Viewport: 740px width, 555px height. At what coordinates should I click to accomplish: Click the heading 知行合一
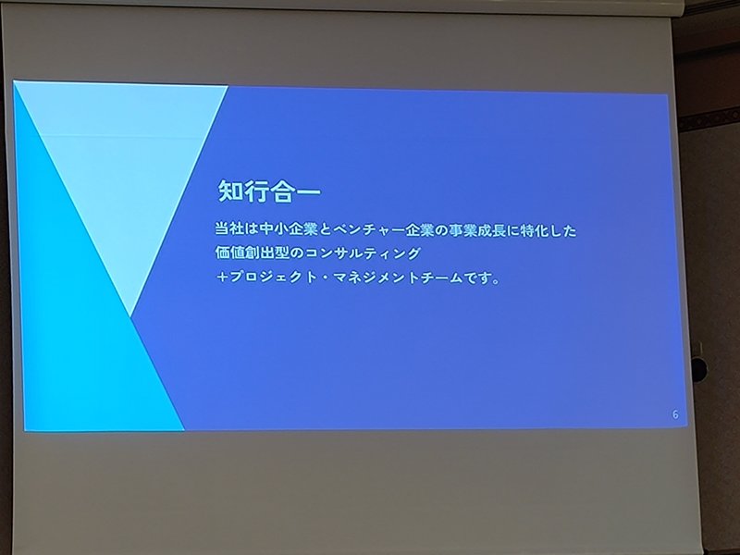pyautogui.click(x=269, y=191)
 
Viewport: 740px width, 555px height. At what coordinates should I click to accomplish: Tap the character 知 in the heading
pyautogui.click(x=230, y=191)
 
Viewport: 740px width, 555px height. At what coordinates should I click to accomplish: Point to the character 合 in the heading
pyautogui.click(x=282, y=192)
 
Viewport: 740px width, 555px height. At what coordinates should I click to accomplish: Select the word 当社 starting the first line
pyautogui.click(x=229, y=229)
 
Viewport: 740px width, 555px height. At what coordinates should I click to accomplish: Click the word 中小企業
pyautogui.click(x=289, y=229)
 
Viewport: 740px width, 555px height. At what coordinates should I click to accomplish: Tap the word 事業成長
pyautogui.click(x=477, y=230)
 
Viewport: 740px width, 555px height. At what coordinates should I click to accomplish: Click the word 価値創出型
pyautogui.click(x=252, y=253)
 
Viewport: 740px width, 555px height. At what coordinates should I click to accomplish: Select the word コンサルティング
pyautogui.click(x=362, y=253)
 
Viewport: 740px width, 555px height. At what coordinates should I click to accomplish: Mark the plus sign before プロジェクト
pyautogui.click(x=222, y=277)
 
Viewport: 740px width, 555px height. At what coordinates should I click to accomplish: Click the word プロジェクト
pyautogui.click(x=273, y=277)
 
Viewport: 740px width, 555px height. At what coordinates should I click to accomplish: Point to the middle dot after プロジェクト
pyautogui.click(x=326, y=278)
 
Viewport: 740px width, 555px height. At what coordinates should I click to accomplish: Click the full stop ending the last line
pyautogui.click(x=495, y=282)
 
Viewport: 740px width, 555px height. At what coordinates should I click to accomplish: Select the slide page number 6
pyautogui.click(x=675, y=414)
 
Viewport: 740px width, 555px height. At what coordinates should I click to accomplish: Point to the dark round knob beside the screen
pyautogui.click(x=698, y=369)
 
